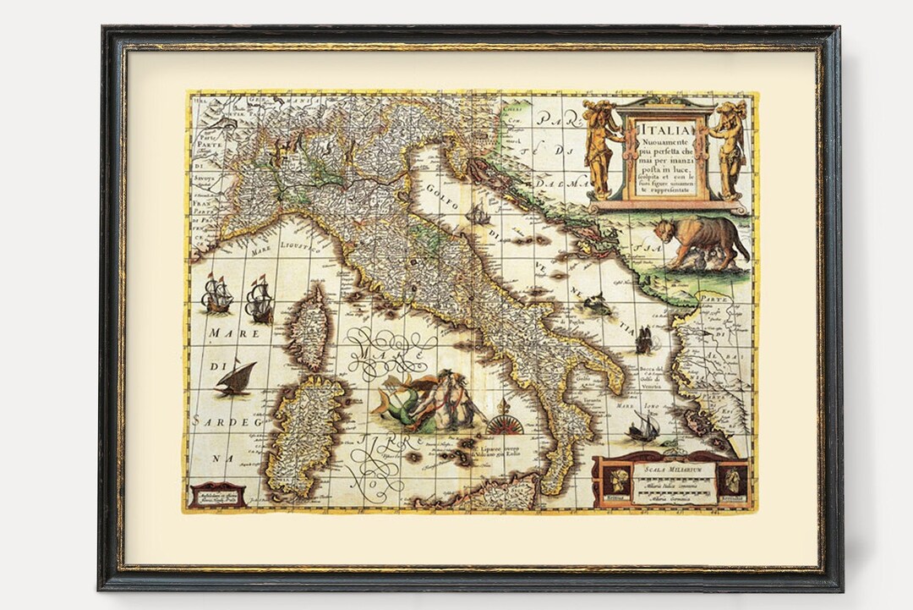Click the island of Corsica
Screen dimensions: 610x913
coord(309,327)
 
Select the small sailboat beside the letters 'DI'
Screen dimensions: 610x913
coord(235,378)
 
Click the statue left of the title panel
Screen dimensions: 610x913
coord(601,149)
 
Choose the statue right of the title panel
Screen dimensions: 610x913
coord(729,147)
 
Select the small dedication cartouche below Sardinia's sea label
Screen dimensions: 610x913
coord(216,494)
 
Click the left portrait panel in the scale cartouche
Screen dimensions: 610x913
coord(616,481)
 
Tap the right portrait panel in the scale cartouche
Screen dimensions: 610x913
coord(732,480)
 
